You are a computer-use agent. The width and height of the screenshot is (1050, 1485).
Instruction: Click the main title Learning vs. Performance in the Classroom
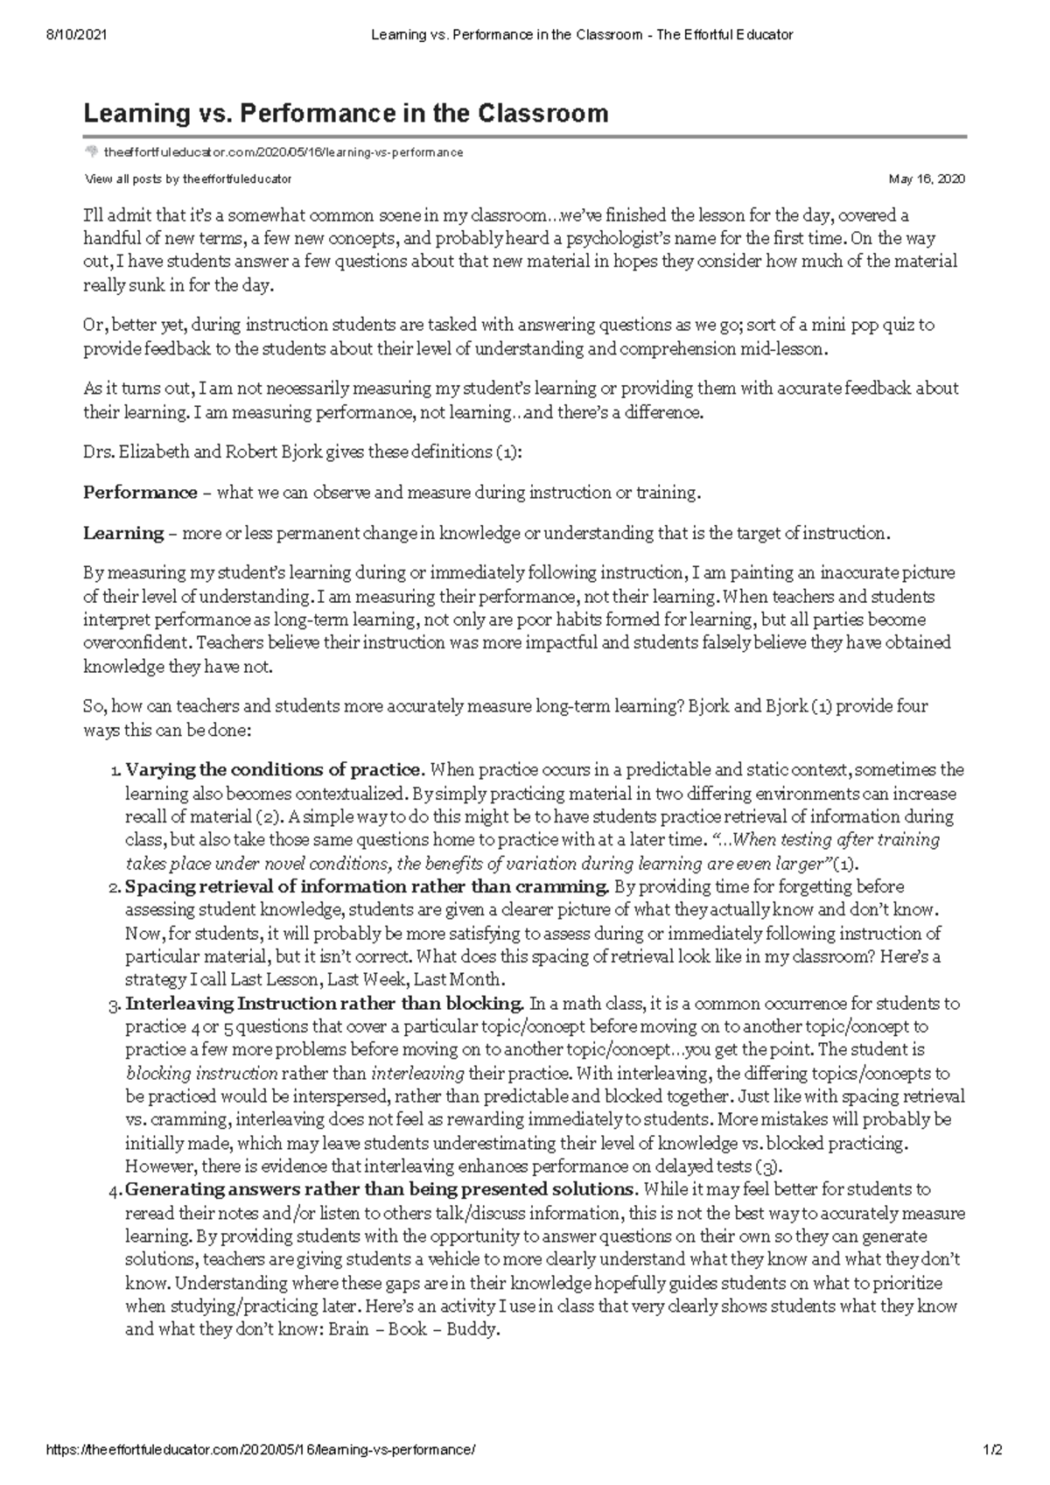[346, 113]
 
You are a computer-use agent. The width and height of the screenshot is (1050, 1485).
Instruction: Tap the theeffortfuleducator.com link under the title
[283, 152]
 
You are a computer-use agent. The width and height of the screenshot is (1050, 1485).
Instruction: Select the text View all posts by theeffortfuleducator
[187, 179]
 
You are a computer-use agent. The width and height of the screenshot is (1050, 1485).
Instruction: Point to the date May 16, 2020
[927, 179]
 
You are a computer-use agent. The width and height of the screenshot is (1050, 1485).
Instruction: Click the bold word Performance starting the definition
[140, 493]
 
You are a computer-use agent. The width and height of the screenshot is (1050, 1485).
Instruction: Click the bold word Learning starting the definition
[123, 533]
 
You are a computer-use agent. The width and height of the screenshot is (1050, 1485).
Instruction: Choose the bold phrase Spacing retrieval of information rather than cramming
[367, 886]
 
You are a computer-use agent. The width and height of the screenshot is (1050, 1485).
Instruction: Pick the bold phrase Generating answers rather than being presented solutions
[381, 1189]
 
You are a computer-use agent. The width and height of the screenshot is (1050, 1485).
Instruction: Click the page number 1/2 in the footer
[991, 1450]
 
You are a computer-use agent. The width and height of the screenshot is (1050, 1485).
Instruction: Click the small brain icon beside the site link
[91, 152]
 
